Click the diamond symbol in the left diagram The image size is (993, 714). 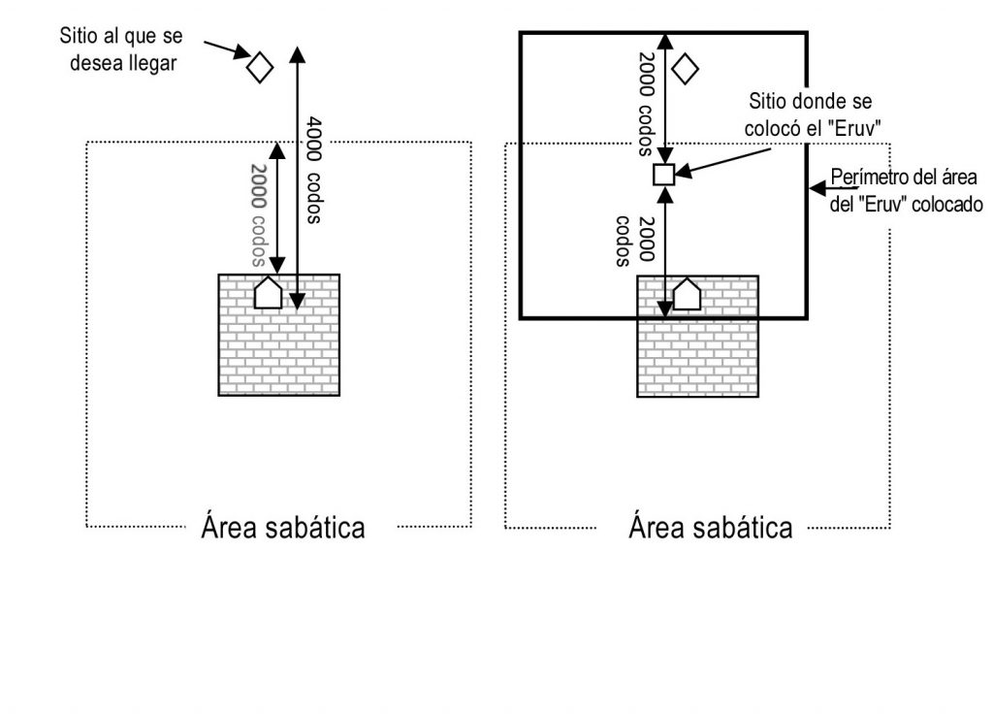point(259,67)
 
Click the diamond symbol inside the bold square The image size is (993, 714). point(685,68)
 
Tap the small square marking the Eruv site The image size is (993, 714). point(663,175)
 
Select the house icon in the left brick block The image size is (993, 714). point(267,293)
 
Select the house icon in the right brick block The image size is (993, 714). point(687,294)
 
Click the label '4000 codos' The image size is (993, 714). point(313,171)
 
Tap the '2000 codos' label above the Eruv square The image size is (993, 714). point(646,103)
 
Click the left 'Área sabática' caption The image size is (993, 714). point(283,528)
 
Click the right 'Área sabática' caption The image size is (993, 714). point(711,528)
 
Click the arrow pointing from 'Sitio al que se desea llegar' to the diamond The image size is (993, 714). point(225,49)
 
